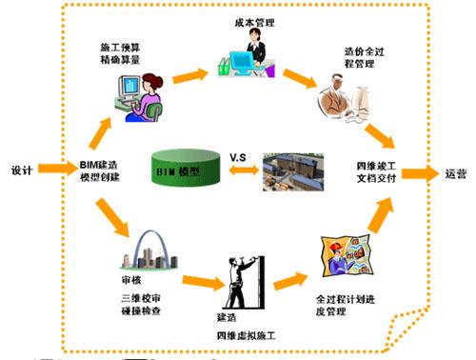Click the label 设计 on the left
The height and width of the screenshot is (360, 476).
pos(21,171)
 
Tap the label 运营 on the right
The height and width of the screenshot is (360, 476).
pos(455,174)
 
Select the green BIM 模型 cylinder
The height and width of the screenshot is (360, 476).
pos(194,171)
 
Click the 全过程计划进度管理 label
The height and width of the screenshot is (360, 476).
pos(338,305)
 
